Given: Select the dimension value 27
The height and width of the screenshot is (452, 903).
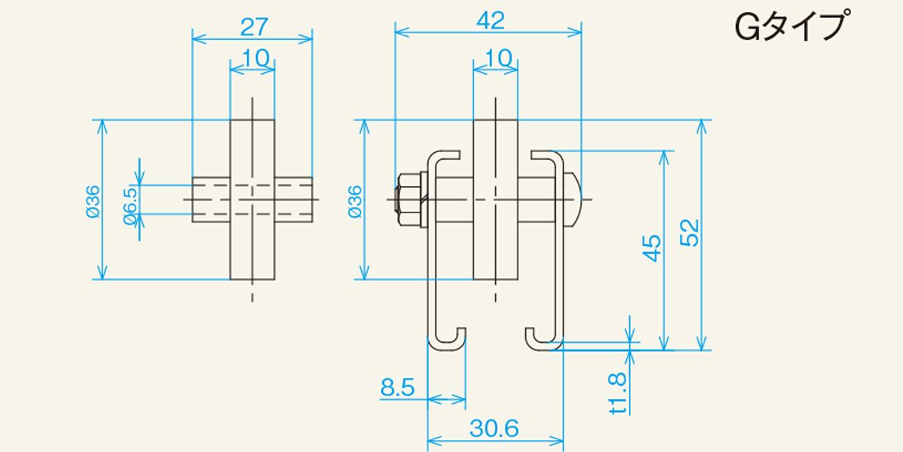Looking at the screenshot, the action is click(254, 27).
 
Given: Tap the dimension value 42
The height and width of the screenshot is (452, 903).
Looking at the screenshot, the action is click(490, 20).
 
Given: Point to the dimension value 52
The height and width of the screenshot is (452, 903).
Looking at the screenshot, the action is click(690, 233).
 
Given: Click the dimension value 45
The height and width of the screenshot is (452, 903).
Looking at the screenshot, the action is click(652, 248).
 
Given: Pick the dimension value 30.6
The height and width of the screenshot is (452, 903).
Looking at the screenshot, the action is click(494, 428).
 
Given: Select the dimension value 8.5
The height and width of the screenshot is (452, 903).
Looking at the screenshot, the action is click(397, 387).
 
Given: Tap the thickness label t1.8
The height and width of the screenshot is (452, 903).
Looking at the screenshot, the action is click(618, 393).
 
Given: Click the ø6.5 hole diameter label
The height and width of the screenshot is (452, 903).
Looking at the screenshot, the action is click(131, 206).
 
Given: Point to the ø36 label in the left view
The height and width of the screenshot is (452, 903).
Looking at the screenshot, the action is click(93, 201).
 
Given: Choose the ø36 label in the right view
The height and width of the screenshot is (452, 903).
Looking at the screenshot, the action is click(355, 201).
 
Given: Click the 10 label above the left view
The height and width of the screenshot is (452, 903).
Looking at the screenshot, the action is click(256, 58).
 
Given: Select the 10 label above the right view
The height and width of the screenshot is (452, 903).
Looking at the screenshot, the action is click(499, 58).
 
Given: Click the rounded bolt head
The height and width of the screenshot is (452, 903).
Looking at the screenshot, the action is click(573, 200).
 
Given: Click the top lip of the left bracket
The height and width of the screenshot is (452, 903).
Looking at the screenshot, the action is click(443, 155).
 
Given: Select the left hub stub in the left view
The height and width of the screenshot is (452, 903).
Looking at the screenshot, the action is click(211, 200).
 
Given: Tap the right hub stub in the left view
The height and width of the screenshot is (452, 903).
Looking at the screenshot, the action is click(294, 200).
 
